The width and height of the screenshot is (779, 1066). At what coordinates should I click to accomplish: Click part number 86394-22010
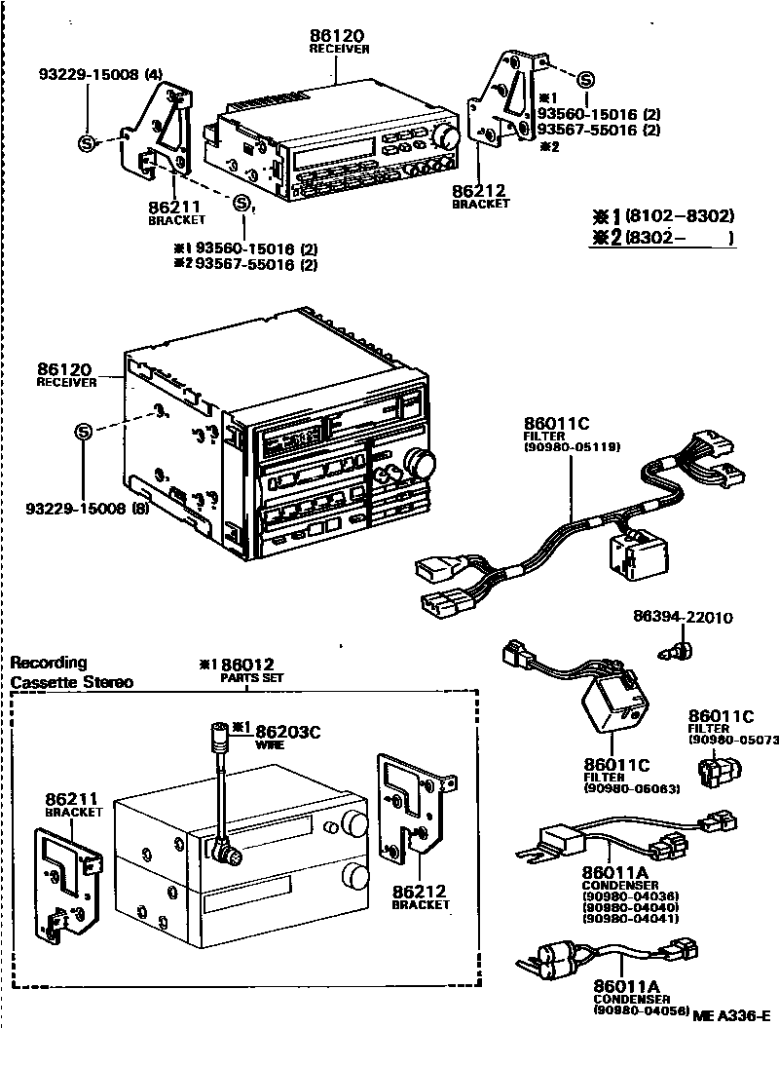682,618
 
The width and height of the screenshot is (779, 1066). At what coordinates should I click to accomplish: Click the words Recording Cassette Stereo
71,672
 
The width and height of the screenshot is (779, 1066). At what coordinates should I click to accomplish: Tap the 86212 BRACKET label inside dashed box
421,896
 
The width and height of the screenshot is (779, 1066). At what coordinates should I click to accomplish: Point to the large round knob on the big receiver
421,463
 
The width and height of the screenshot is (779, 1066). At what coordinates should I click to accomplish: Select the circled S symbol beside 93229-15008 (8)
84,431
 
